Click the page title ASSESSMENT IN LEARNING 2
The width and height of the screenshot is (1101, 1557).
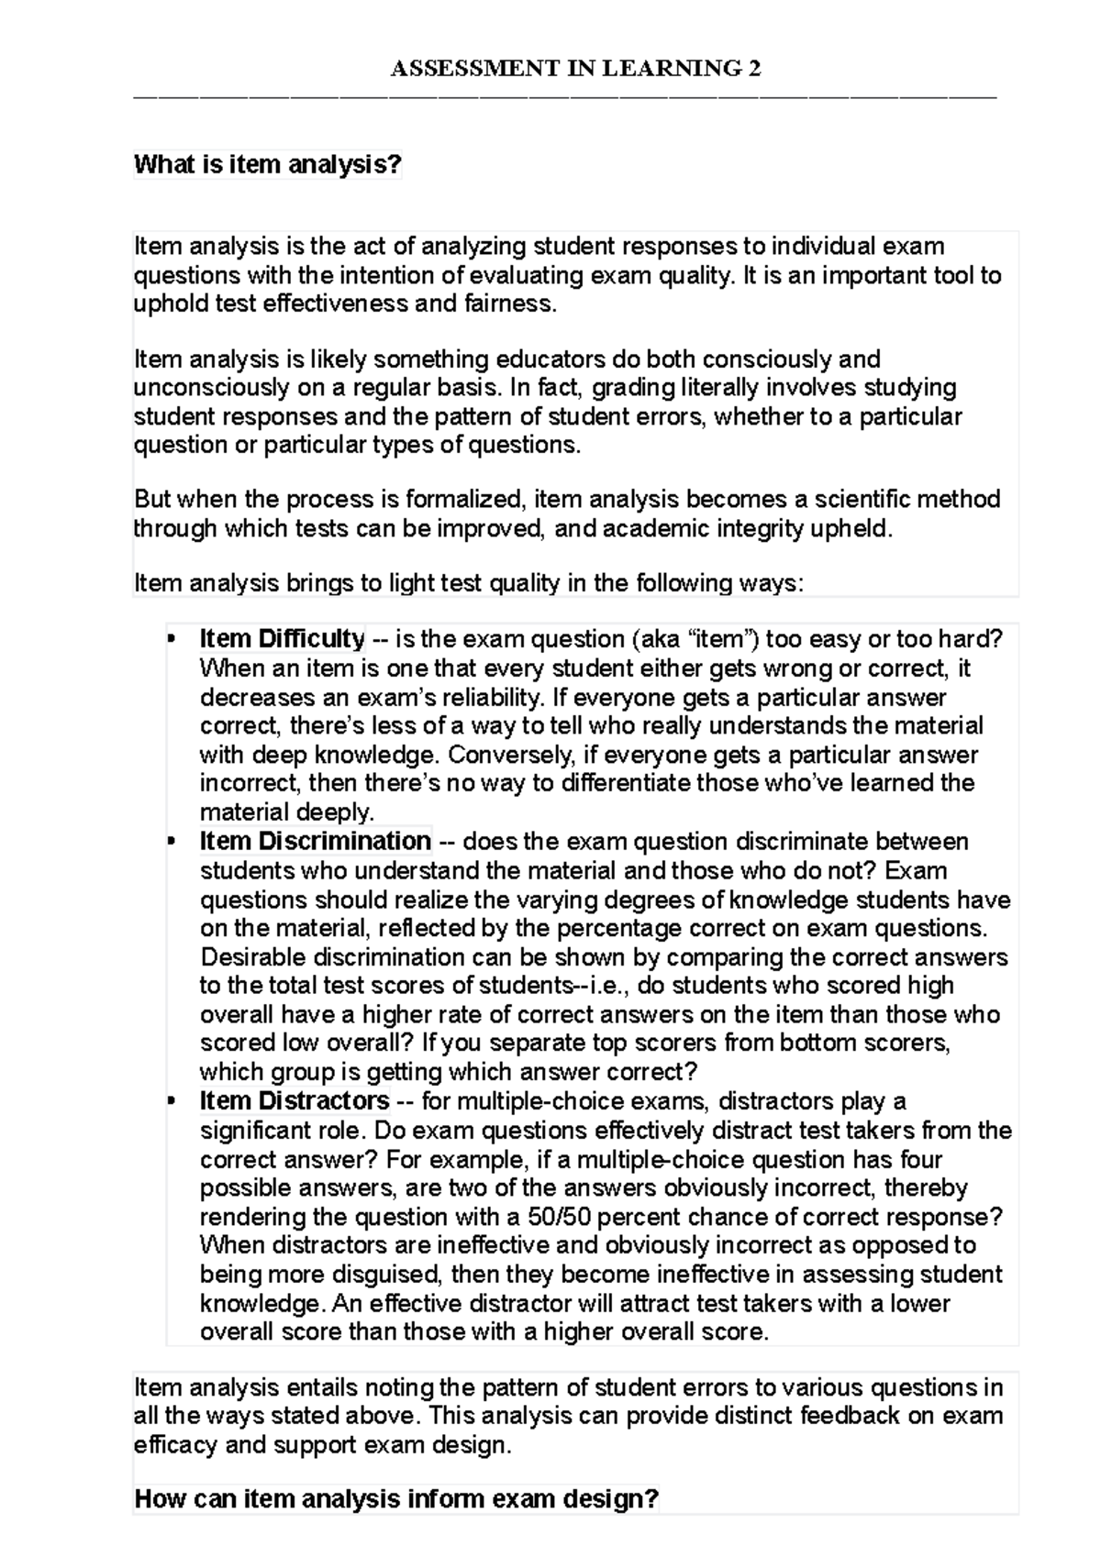coord(576,69)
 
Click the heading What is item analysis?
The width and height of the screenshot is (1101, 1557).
coord(268,165)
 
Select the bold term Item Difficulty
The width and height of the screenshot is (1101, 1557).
coord(282,638)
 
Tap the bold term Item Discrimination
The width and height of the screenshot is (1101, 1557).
coord(315,841)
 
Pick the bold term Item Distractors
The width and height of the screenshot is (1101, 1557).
coord(295,1100)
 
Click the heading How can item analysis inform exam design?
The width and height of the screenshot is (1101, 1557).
coord(396,1499)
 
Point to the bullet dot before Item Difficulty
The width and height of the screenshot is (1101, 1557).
coord(170,640)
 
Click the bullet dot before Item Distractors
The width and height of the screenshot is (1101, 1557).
coord(170,1102)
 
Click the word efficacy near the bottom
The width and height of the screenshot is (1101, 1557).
coord(173,1446)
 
